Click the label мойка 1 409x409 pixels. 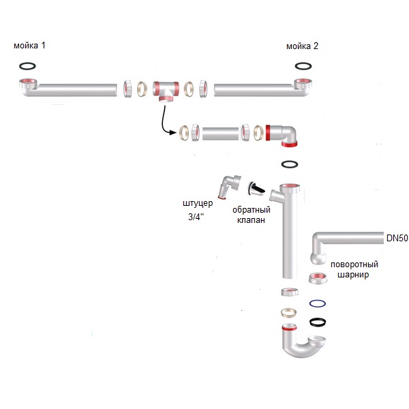coord(29,46)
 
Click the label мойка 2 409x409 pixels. coord(302,46)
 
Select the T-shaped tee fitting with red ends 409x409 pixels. coord(166,89)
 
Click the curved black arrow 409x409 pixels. coord(164,123)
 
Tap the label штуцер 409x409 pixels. coord(198,203)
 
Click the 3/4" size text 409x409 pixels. coord(196,217)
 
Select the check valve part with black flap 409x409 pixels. coord(256,189)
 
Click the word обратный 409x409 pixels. coord(251,210)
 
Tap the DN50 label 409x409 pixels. coord(397,238)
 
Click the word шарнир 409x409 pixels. coord(353,275)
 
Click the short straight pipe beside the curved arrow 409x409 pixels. coord(220,134)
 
